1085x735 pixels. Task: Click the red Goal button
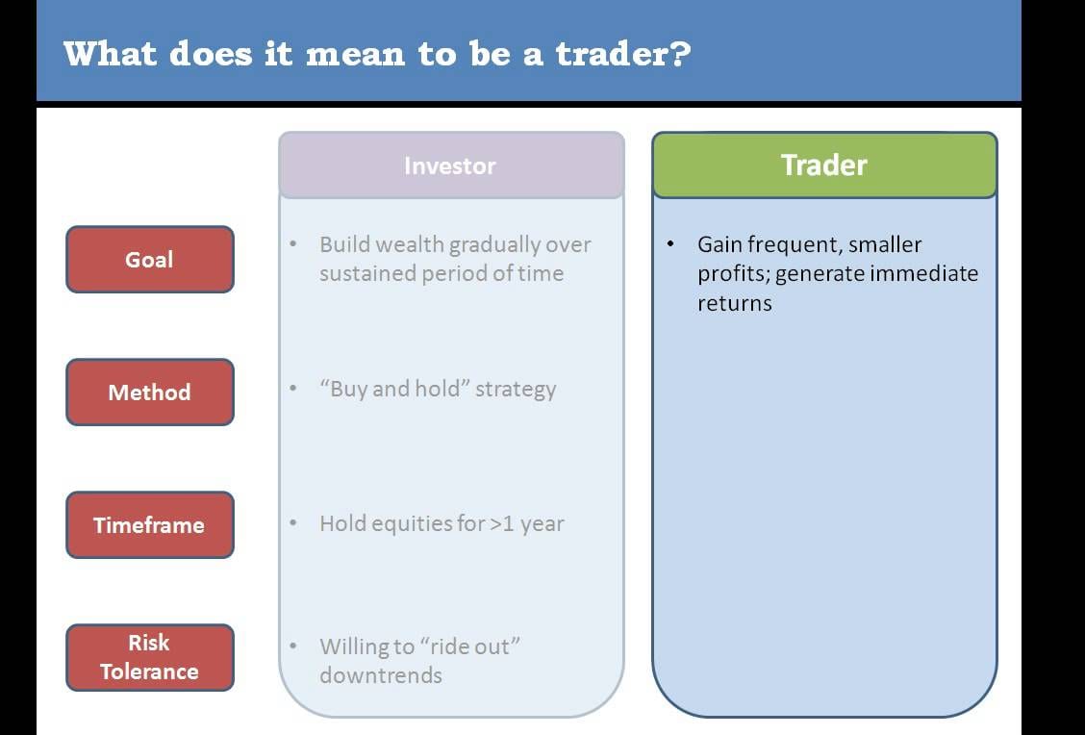point(150,260)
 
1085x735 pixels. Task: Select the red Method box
point(150,393)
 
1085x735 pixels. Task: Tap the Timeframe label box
point(150,525)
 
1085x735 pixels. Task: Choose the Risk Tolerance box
point(150,657)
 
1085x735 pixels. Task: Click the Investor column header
point(451,165)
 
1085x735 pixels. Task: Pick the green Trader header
point(824,165)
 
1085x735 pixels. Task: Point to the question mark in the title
point(681,54)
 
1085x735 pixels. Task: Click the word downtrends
point(381,674)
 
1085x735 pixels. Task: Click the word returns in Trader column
point(734,304)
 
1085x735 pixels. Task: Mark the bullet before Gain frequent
point(669,244)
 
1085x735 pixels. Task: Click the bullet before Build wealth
point(293,244)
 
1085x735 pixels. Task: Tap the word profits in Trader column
point(734,275)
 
